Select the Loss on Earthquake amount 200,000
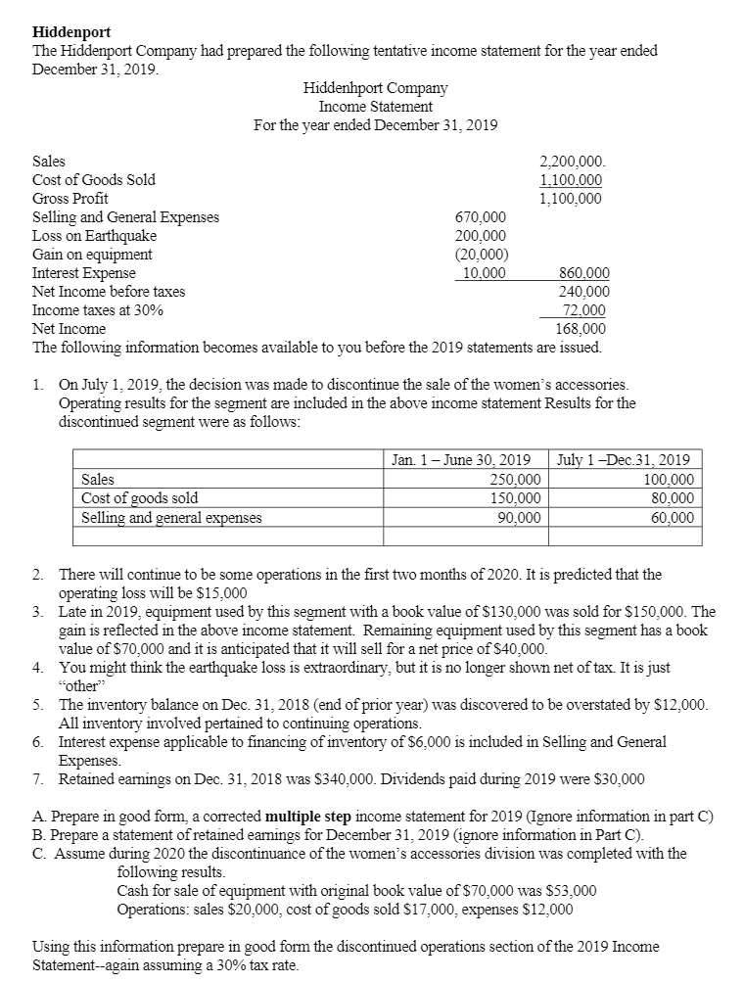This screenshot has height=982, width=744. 482,235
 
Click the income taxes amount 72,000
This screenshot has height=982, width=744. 581,310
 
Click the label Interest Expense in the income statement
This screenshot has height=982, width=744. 84,273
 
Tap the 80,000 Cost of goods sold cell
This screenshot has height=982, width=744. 670,498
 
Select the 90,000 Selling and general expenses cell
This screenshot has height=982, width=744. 519,517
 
